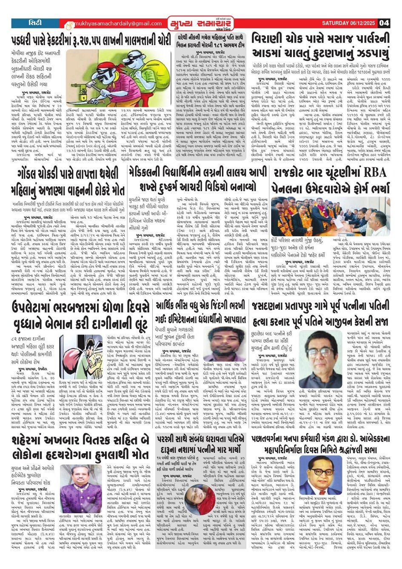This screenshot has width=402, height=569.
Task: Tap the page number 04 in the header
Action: tap(384, 23)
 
